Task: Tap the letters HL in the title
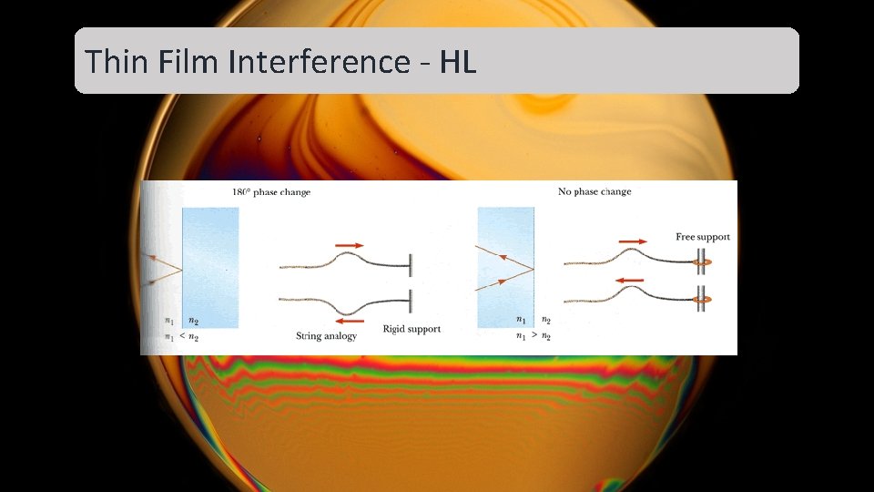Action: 458,62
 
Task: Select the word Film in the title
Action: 191,62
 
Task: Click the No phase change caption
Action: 594,192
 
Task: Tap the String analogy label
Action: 326,336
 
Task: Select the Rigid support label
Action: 412,329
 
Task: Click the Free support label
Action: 702,237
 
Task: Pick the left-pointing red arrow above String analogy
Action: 350,321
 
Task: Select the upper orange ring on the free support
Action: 704,264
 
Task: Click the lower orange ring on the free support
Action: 704,299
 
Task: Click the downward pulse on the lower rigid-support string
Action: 351,307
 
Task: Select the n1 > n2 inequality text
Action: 533,336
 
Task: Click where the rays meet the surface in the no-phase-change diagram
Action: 533,271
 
